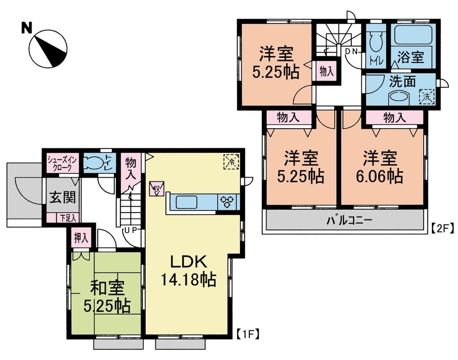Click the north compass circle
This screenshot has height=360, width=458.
(x=48, y=48)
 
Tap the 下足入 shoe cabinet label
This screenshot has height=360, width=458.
(x=68, y=218)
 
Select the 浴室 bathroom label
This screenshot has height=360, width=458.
(x=410, y=58)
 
